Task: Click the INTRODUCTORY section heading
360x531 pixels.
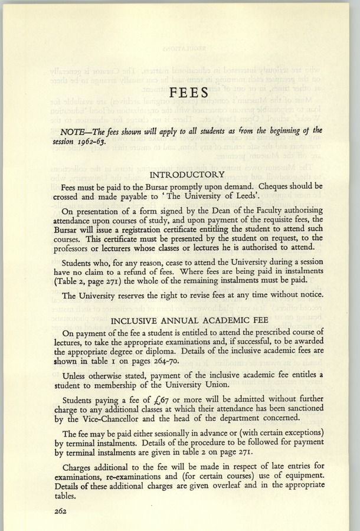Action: click(x=187, y=175)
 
